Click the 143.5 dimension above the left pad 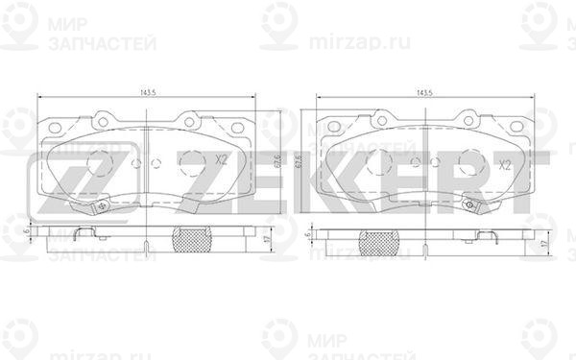pos(149,93)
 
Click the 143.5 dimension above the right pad pos(423,93)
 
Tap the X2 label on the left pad pos(220,160)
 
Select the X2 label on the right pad pos(503,164)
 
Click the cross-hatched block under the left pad pos(192,240)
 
